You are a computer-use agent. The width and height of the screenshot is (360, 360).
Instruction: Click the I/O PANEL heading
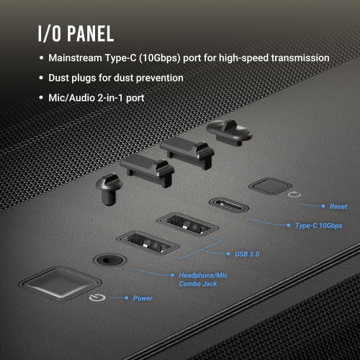point(74,34)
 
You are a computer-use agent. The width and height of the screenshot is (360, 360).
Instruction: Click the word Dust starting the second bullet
point(60,77)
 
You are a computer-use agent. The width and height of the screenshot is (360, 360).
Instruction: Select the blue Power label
point(143,298)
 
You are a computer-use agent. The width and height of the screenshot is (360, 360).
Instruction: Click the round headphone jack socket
point(109,258)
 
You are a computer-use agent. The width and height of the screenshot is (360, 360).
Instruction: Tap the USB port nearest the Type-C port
point(187,222)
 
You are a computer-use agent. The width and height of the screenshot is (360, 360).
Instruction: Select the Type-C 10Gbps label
point(318,226)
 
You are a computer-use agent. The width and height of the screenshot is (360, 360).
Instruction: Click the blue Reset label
point(338,207)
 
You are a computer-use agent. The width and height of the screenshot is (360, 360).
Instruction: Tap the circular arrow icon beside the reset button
point(291,194)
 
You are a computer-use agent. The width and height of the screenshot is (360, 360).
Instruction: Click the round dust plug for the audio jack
point(109,187)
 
